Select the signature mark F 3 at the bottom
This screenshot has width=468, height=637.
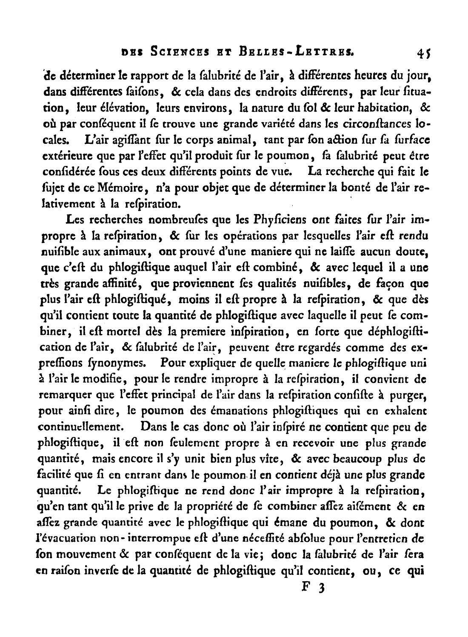point(313,588)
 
